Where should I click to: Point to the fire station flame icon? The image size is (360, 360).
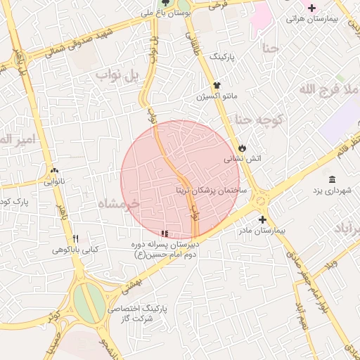pos(243,148)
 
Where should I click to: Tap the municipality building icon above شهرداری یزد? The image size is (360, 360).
pos(332,179)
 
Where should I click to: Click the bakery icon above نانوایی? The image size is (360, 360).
pos(55,170)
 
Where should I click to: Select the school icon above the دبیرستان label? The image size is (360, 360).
pos(165,233)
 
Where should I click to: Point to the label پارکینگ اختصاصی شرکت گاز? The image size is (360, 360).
pos(162,314)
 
